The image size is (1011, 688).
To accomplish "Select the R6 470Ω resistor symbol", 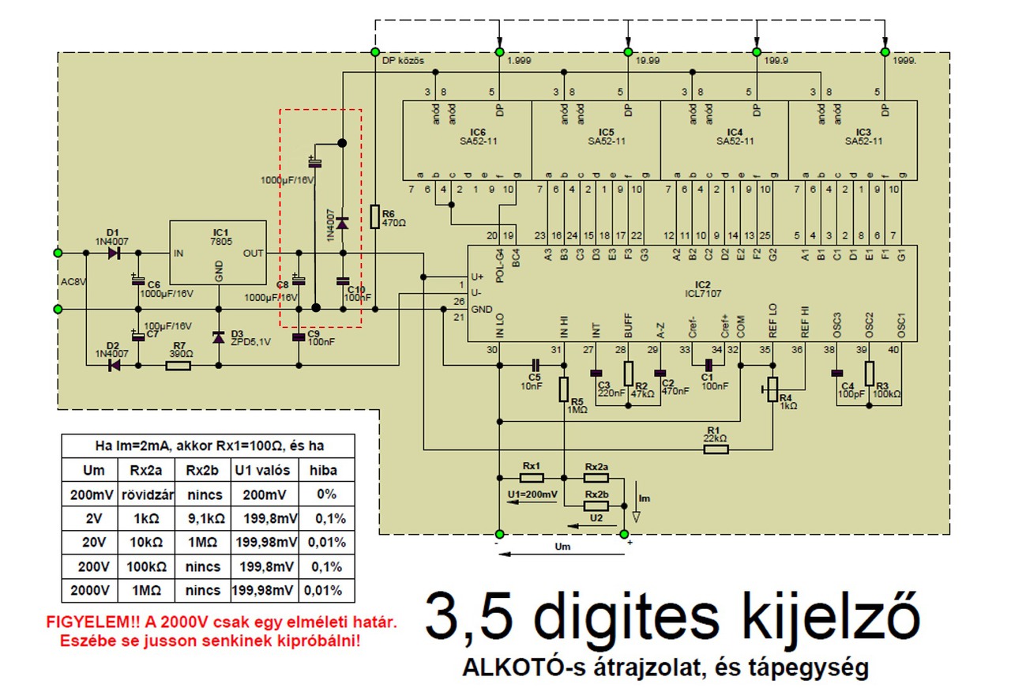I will [376, 216].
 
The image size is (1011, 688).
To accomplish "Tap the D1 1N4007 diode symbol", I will [114, 253].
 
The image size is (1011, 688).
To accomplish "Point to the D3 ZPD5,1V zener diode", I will [219, 336].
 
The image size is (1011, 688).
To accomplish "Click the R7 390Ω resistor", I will [179, 366].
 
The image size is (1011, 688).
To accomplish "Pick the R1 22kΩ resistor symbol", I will [716, 450].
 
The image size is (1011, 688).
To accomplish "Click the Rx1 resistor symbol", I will [532, 478].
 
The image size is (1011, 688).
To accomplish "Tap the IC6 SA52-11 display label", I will [477, 137].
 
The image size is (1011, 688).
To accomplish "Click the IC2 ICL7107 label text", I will [703, 288].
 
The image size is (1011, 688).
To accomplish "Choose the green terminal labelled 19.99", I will [628, 52].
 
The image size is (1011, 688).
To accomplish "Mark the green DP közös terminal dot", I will [375, 52].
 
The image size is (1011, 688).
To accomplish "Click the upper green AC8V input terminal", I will [57, 253].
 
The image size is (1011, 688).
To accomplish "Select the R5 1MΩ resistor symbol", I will [564, 389].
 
